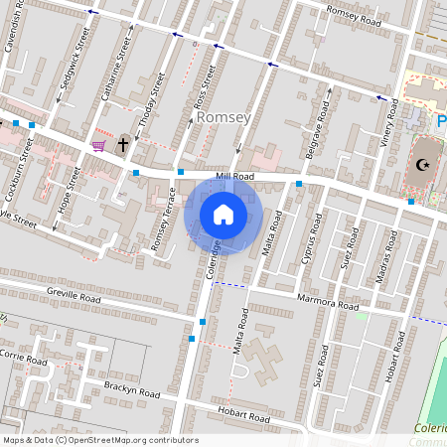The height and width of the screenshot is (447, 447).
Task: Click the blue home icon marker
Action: pos(223,215)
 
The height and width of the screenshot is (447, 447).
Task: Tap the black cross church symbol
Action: pos(124,145)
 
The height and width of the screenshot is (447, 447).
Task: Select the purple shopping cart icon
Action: pos(98,146)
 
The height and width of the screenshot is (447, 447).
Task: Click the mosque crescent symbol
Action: pos(425,165)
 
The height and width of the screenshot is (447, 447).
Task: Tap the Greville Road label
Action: pos(74,295)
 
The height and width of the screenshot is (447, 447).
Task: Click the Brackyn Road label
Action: pos(131,389)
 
